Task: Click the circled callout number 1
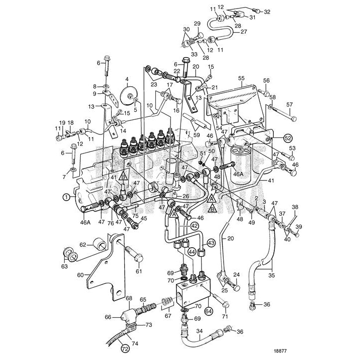[x=66, y=198]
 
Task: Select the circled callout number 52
[x=287, y=137]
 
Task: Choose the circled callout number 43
[x=211, y=243]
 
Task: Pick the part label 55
[x=242, y=79]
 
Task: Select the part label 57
[x=289, y=104]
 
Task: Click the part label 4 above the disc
[x=127, y=79]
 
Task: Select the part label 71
[x=225, y=316]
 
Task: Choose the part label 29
[x=197, y=24]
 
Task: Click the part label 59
[x=197, y=135]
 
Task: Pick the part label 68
[x=129, y=298]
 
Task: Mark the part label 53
[x=292, y=148]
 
